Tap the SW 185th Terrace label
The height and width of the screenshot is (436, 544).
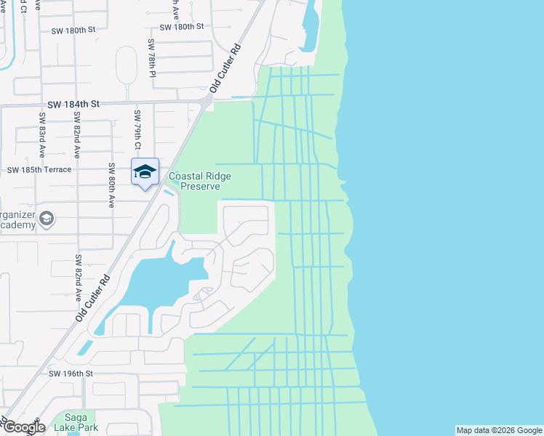[x=39, y=170]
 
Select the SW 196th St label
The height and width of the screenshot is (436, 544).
[x=72, y=374]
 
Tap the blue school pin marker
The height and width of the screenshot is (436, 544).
[x=145, y=172]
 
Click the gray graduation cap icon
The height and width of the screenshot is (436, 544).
[x=47, y=219]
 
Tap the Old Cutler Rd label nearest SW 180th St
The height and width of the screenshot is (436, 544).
[x=225, y=70]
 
